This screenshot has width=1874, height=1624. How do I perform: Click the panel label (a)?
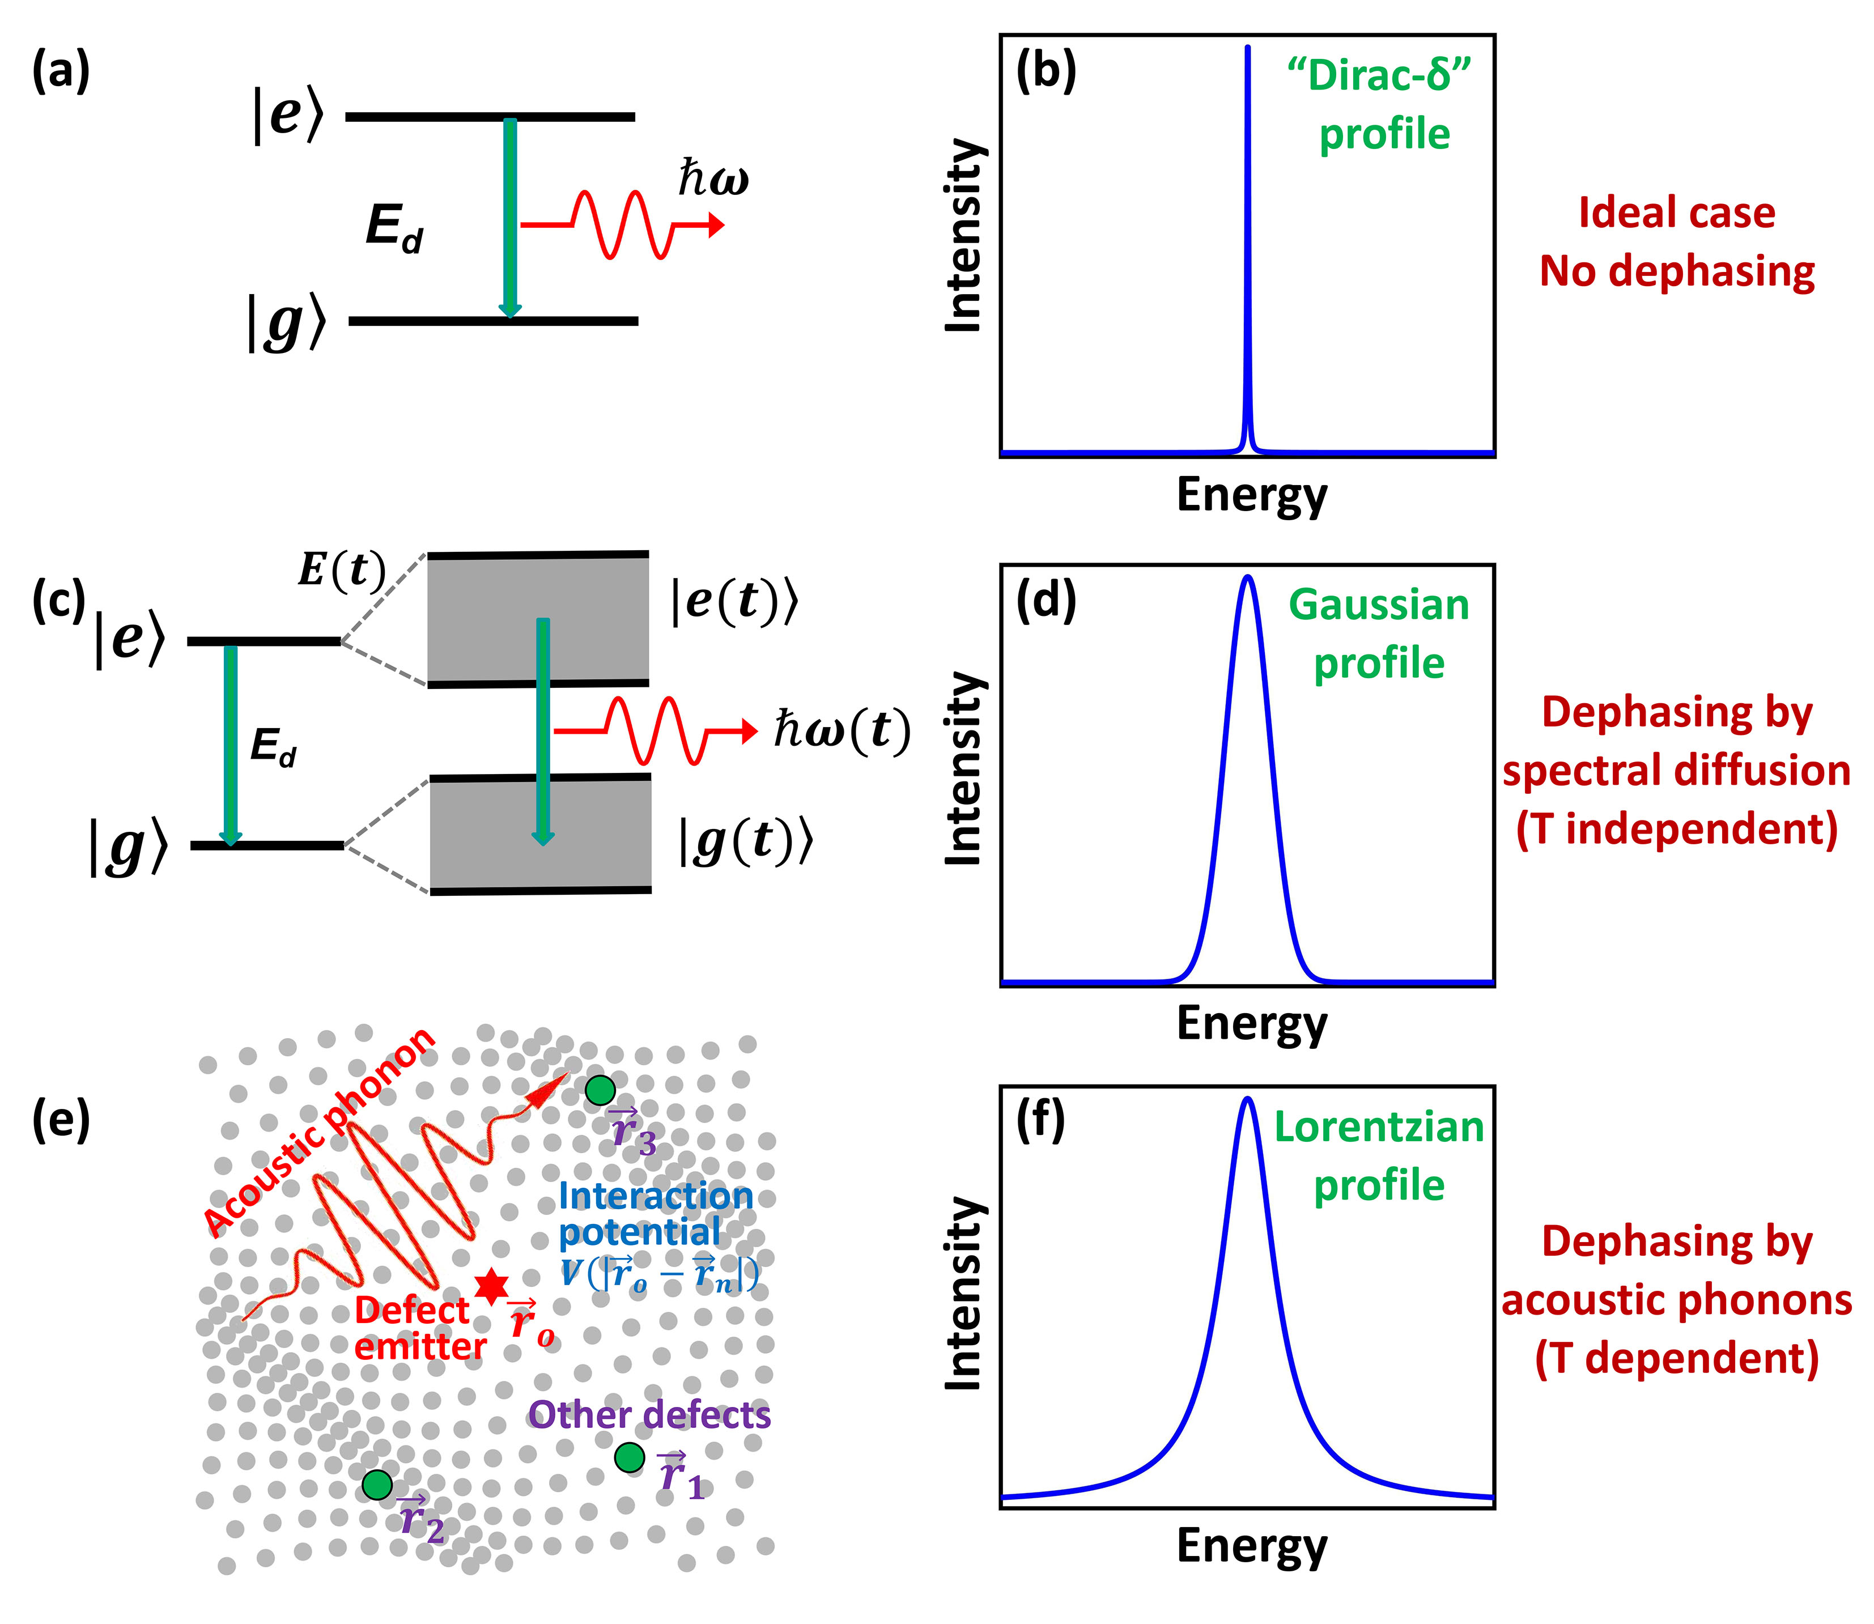(61, 73)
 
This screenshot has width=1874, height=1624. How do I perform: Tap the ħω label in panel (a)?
(713, 178)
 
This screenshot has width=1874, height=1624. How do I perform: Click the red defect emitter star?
(491, 1285)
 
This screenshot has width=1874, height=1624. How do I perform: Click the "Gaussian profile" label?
(1378, 635)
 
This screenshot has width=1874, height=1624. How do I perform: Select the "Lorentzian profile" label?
(1378, 1157)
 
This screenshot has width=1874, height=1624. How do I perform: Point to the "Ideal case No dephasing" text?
(1676, 242)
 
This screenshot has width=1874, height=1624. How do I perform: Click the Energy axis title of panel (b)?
(1251, 496)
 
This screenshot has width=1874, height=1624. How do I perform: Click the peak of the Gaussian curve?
(1248, 577)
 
